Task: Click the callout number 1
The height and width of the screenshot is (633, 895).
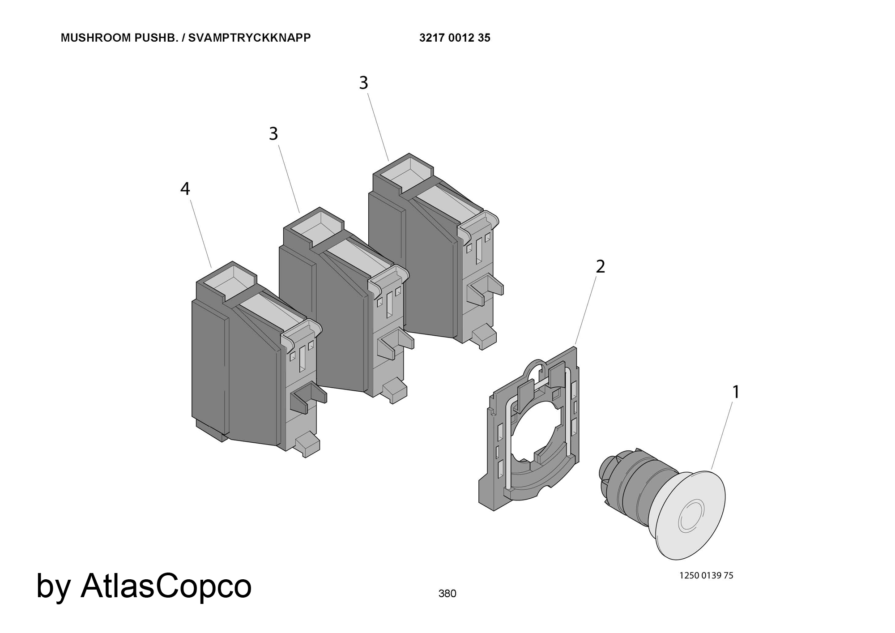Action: pos(736,392)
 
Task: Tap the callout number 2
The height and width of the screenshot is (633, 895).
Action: pos(600,267)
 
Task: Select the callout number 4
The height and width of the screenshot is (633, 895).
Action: pos(185,189)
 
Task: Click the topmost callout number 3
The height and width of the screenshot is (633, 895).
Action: pos(364,83)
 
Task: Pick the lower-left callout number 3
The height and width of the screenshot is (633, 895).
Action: pos(273,134)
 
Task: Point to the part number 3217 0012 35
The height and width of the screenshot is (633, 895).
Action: pos(455,38)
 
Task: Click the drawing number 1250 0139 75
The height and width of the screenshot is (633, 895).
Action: pos(706,576)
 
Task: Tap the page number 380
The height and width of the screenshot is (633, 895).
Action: pos(447,594)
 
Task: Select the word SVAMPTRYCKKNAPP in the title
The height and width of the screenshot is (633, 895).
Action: pos(249,38)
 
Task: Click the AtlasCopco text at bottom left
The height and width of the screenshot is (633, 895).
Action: pos(166,586)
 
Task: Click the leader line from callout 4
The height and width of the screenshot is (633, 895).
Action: pos(201,234)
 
